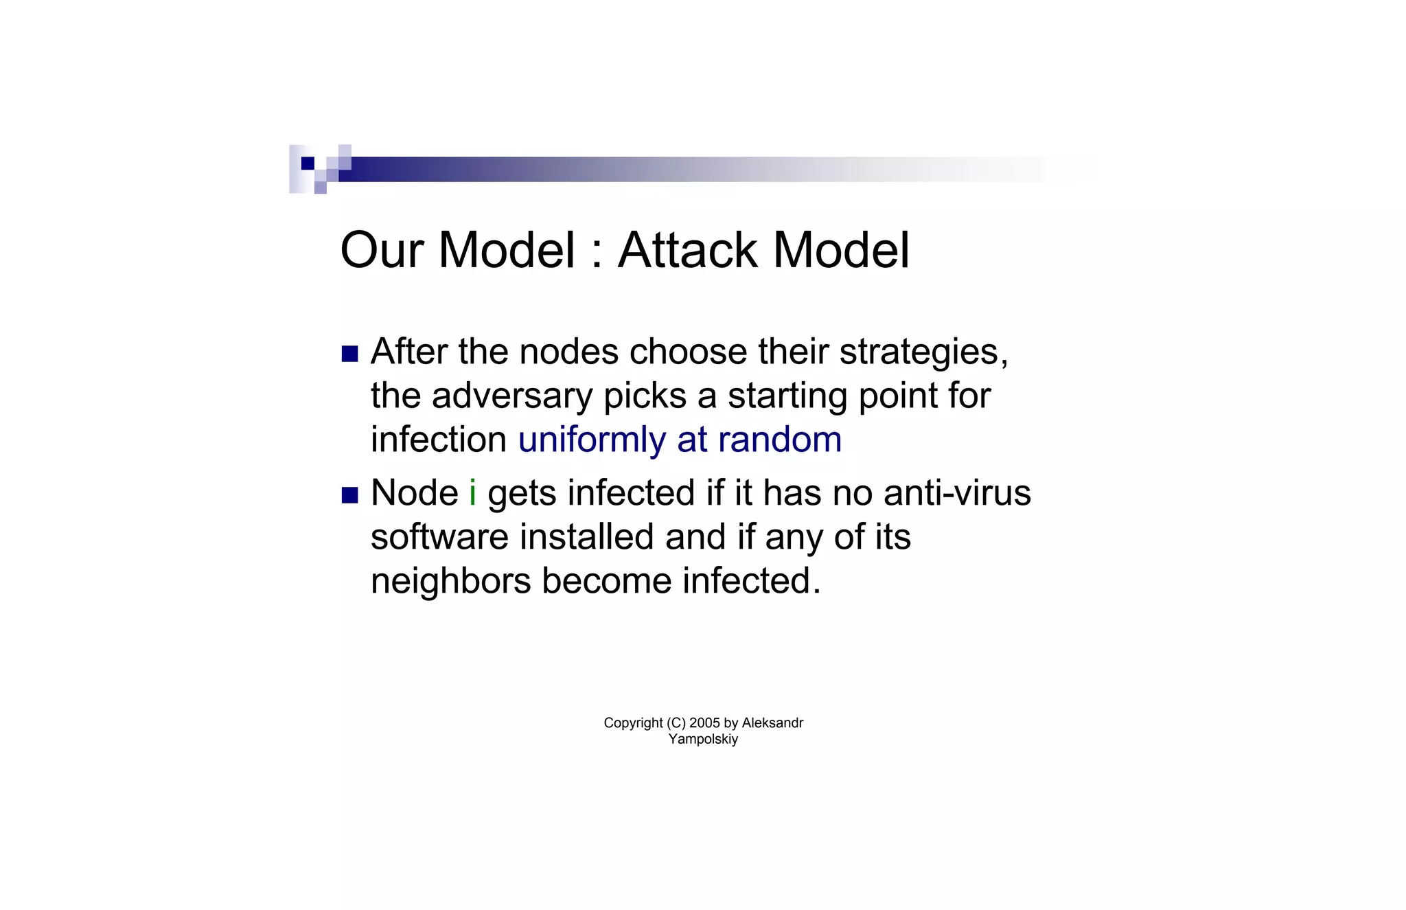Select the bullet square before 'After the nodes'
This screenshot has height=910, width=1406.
(x=350, y=354)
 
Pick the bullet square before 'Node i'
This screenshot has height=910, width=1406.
(x=350, y=495)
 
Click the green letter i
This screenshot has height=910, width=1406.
(x=472, y=492)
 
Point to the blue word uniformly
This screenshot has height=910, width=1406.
(x=592, y=440)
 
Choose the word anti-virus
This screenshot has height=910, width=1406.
(x=957, y=492)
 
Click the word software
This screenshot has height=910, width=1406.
(x=439, y=536)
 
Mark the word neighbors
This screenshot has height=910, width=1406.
(x=451, y=581)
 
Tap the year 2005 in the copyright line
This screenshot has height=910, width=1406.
(x=704, y=723)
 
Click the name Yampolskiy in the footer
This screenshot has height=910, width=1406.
(x=703, y=739)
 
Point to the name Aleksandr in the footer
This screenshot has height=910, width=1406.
(x=772, y=723)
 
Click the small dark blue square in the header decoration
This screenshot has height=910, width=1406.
(x=308, y=163)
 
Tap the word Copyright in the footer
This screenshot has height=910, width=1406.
(x=633, y=723)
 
